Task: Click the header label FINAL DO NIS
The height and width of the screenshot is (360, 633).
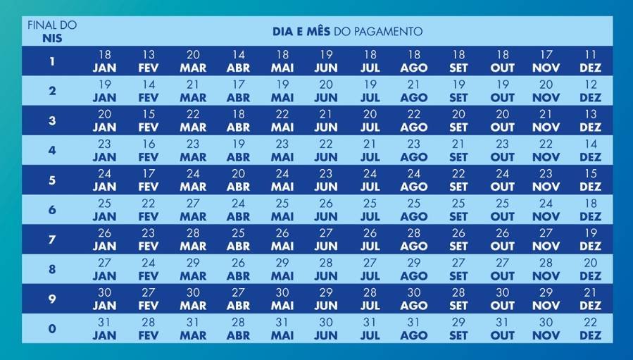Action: tap(52, 32)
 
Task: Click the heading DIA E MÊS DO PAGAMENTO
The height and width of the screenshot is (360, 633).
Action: tap(347, 32)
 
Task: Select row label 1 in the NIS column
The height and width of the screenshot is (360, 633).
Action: tap(52, 61)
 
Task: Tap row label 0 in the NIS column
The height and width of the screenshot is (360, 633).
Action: tap(52, 328)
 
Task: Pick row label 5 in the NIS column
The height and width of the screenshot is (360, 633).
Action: tap(52, 180)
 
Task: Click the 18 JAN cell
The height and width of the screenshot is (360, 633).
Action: tap(104, 61)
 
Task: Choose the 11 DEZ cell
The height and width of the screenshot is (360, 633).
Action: tap(590, 61)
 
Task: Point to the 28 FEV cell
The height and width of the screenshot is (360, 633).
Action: tap(149, 328)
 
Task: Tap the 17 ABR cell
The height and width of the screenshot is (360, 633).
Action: tap(238, 91)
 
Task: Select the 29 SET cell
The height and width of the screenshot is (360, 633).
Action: tap(458, 328)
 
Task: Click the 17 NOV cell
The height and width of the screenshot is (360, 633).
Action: tap(546, 61)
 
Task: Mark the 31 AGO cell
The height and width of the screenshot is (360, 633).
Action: tap(414, 328)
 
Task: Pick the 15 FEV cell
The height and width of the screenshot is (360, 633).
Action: tap(149, 120)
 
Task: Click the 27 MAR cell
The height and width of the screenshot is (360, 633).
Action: tap(193, 209)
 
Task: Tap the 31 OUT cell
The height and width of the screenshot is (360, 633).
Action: tap(502, 328)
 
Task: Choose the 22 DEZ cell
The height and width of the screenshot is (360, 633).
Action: tap(590, 328)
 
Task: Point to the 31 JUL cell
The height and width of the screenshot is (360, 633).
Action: tap(370, 328)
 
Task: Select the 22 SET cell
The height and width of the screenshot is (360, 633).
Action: tap(458, 180)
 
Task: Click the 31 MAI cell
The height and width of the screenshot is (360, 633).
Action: tap(282, 328)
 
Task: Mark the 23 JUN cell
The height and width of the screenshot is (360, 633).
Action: tap(326, 180)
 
